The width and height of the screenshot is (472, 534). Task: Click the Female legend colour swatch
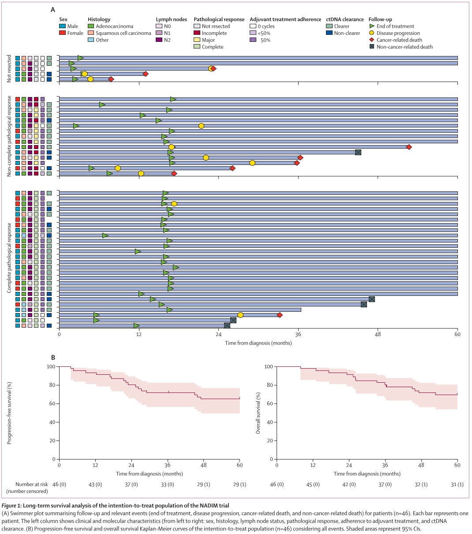point(63,33)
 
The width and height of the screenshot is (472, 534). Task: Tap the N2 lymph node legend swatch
point(159,40)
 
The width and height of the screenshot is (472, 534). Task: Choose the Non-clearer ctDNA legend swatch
point(329,33)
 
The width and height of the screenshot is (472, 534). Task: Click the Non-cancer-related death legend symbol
point(372,47)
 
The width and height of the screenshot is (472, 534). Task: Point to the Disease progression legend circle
point(372,33)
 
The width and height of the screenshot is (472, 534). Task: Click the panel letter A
point(53,10)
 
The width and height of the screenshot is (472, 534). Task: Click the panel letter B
point(53,358)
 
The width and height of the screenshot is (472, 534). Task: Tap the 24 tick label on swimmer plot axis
point(219,334)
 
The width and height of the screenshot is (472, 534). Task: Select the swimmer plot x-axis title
point(258,343)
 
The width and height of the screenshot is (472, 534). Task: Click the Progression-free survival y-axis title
point(9,413)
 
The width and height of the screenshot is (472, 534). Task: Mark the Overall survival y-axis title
point(258,413)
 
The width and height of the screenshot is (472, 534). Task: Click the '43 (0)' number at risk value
point(95,485)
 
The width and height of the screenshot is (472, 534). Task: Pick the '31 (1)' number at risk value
point(457,485)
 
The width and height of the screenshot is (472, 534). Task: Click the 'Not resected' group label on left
point(9,68)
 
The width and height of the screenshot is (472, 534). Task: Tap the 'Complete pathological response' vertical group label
point(9,258)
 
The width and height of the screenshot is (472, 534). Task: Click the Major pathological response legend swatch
point(197,40)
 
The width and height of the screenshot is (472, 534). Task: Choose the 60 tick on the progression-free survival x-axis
point(240,465)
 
